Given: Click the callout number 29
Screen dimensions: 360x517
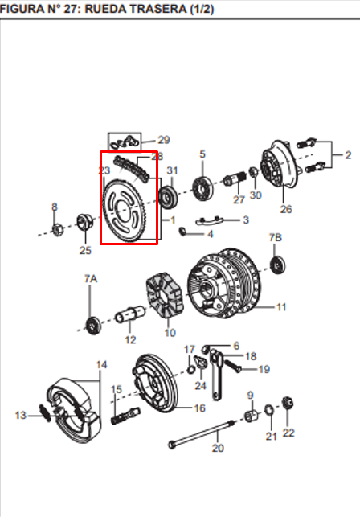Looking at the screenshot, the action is [x=163, y=140].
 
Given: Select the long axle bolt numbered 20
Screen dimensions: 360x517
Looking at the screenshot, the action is [x=202, y=434].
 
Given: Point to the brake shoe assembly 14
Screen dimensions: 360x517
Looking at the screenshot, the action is [x=73, y=410].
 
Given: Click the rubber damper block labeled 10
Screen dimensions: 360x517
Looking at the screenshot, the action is [x=165, y=294].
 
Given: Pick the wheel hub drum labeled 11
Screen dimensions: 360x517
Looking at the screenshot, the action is [x=223, y=284].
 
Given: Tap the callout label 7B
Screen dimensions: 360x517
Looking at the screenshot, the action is [x=276, y=237].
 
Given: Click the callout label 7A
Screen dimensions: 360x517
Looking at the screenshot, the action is [x=91, y=279].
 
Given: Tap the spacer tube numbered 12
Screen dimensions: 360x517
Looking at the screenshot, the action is [x=130, y=314].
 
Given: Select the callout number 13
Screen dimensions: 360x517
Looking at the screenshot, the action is [x=20, y=415].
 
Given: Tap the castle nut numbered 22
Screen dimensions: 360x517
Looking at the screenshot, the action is [x=288, y=404].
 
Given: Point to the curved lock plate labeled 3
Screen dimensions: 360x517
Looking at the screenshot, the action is [x=210, y=221].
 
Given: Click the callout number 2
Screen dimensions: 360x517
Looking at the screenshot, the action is [x=348, y=155].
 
